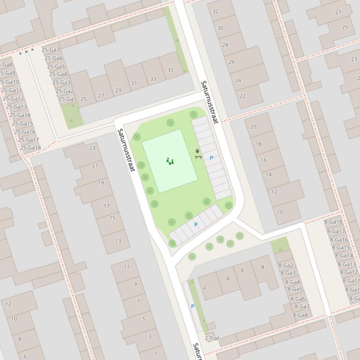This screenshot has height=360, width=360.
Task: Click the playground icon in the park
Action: (170, 161)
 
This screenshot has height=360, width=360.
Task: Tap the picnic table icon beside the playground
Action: (198, 154)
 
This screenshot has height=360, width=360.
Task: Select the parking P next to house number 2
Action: (192, 306)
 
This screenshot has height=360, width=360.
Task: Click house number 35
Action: (170, 71)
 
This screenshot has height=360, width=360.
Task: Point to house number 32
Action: (215, 11)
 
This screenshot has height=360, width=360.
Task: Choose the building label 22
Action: (242, 96)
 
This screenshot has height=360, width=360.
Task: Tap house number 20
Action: (253, 127)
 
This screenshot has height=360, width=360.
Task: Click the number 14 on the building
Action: (269, 174)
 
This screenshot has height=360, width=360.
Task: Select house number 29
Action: (118, 90)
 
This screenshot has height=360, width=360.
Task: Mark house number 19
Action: (101, 183)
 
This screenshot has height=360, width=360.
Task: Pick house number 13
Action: (118, 241)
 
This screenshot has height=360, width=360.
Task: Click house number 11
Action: (127, 266)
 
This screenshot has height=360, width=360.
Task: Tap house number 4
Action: (228, 279)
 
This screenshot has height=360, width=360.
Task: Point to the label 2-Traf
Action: (212, 338)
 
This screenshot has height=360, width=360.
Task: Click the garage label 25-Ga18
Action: (30, 148)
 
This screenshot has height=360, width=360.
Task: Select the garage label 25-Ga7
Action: (51, 50)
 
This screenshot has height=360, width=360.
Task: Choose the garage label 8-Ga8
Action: (300, 315)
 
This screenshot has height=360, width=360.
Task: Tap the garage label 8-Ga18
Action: (333, 222)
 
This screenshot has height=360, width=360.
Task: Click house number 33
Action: (153, 79)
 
